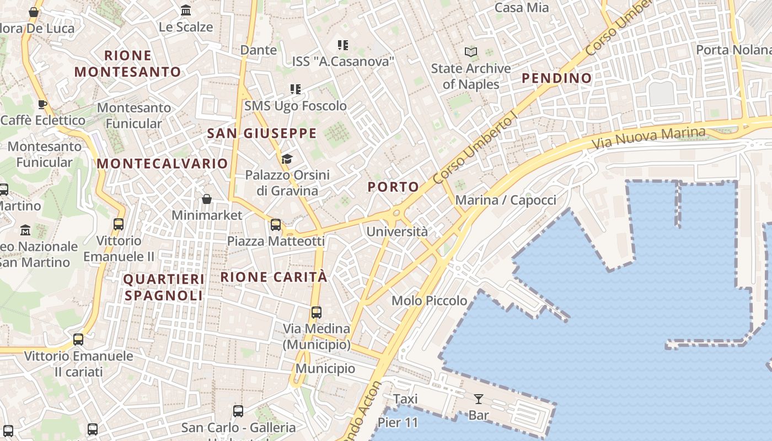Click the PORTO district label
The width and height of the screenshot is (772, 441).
393,187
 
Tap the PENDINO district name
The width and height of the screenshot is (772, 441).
556,78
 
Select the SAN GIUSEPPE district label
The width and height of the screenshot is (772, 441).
262,133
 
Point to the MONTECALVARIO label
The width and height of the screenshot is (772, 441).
162,164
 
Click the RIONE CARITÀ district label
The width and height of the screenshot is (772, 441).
274,277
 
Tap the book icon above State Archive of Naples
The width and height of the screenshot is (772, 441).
471,52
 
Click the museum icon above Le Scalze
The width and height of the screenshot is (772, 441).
186,10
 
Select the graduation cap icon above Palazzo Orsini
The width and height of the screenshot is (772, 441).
287,159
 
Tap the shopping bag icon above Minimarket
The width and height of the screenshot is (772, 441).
207,199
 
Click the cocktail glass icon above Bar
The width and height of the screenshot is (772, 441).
478,399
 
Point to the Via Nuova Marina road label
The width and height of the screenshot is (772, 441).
648,138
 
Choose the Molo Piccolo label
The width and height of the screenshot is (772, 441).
429,301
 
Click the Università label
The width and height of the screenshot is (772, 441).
397,232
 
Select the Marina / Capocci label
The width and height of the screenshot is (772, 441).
506,200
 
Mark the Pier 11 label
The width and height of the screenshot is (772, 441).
398,423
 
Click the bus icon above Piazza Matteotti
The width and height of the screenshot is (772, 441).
276,225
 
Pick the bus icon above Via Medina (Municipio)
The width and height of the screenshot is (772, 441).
317,313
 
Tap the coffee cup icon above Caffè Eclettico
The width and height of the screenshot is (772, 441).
42,105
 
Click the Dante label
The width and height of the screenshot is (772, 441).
259,50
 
